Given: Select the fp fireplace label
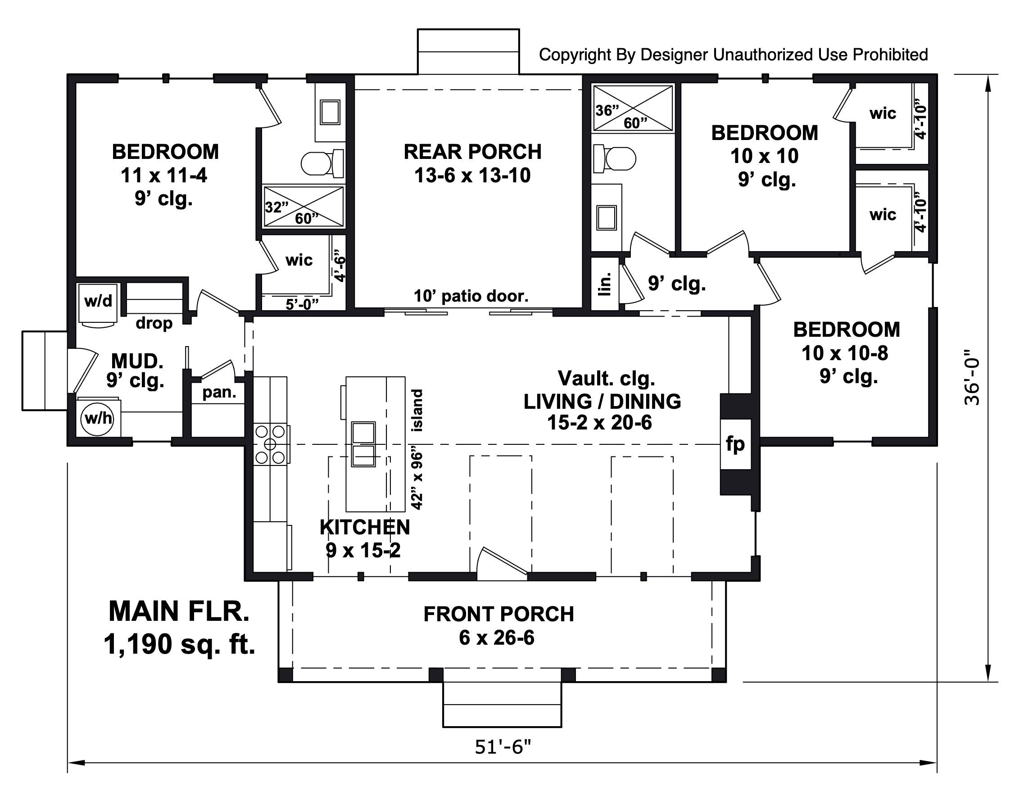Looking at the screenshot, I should pos(735,443).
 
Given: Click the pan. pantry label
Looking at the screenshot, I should pos(219,392).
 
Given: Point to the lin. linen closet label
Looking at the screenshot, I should pos(605,284).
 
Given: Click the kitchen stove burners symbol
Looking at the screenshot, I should pos(270,444).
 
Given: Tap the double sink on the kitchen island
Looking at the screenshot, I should pos(363,444).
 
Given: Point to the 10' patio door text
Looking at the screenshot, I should pos(471,296).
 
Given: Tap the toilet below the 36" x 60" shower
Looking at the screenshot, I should pos(614,158).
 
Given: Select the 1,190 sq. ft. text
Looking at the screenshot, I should pos(179,644).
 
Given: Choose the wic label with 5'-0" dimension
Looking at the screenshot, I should pos(299,260).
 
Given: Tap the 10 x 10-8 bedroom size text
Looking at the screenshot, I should pos(844,353).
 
